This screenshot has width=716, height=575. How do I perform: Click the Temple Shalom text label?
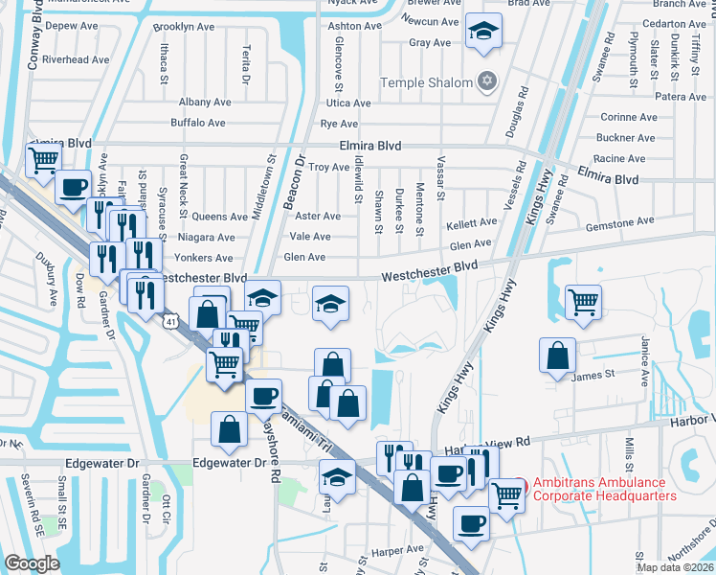427,82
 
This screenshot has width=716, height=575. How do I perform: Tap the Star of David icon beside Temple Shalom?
487,81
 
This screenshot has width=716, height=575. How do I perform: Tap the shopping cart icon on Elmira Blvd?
44,159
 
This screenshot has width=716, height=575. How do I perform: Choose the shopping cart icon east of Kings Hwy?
583,301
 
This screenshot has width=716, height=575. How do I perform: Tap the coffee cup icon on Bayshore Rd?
263,394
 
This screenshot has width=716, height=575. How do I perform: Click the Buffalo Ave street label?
198,123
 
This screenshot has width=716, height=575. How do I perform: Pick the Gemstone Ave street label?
621,222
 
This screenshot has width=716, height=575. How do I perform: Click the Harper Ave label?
398,551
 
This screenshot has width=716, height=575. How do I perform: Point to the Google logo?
33,563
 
